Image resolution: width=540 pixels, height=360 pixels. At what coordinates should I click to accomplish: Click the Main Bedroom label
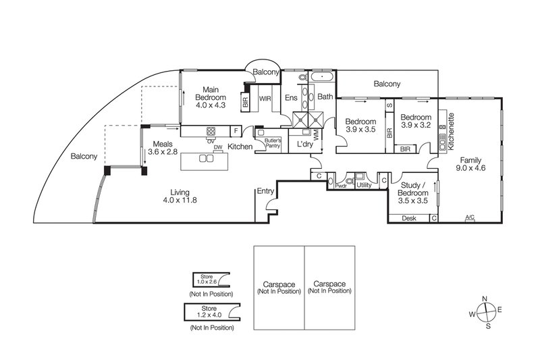(211, 94)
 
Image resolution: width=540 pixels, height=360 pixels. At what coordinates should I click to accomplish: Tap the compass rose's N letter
(484, 299)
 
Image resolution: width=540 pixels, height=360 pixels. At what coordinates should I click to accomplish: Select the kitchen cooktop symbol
(211, 131)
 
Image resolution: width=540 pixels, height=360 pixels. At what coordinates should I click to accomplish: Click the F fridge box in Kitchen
(236, 131)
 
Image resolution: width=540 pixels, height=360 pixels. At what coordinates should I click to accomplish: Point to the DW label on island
(217, 147)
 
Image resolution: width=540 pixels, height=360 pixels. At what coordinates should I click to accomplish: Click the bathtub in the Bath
(322, 76)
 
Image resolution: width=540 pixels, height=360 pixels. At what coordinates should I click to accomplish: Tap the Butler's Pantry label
(273, 143)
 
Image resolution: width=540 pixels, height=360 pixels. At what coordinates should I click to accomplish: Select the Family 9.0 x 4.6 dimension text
(470, 168)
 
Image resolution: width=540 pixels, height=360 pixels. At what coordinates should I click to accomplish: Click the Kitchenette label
(451, 131)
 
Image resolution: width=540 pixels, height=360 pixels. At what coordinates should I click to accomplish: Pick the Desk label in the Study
(409, 218)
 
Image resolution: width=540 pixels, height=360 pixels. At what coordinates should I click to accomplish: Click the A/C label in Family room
(470, 217)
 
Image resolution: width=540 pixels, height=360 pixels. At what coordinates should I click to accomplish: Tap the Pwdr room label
(341, 186)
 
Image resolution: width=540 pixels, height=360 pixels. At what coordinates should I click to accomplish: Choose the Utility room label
(364, 185)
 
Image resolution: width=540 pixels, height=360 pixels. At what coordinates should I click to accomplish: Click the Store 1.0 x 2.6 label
(207, 279)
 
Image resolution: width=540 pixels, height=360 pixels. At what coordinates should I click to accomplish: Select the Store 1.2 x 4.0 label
(209, 311)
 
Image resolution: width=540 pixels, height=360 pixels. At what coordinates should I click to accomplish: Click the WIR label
(265, 99)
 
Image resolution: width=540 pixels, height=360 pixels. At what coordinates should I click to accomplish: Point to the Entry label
(265, 191)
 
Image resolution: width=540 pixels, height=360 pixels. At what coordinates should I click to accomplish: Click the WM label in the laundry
(317, 134)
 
